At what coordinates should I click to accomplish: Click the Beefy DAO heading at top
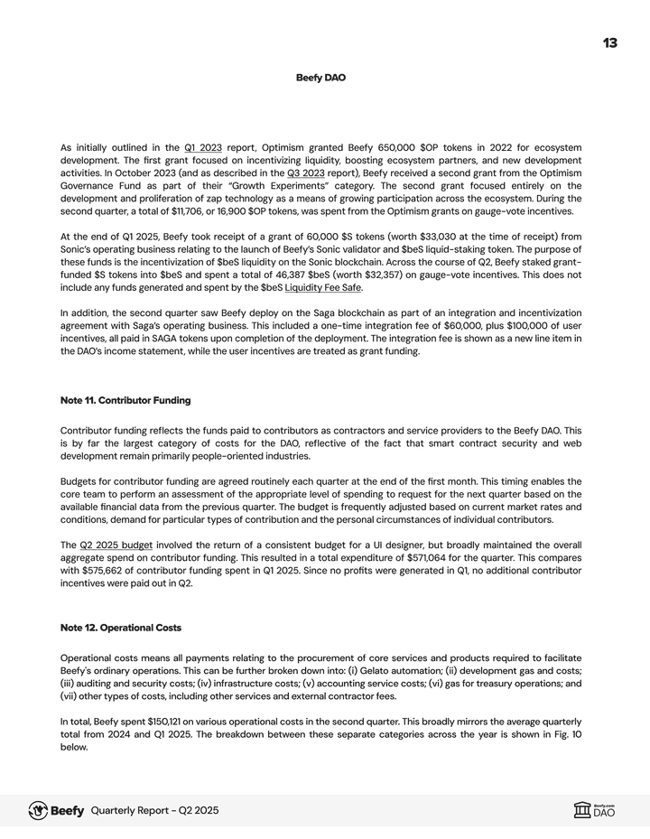320,78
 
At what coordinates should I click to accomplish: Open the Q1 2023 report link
203,147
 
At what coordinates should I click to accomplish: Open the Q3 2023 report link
304,172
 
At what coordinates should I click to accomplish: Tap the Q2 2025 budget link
116,545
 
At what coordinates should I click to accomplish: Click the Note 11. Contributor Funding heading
125,400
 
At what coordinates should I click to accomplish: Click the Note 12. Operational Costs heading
120,627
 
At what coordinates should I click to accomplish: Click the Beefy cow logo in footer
38,810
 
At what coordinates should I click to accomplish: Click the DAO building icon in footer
582,810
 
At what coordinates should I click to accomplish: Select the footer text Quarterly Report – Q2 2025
154,811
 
